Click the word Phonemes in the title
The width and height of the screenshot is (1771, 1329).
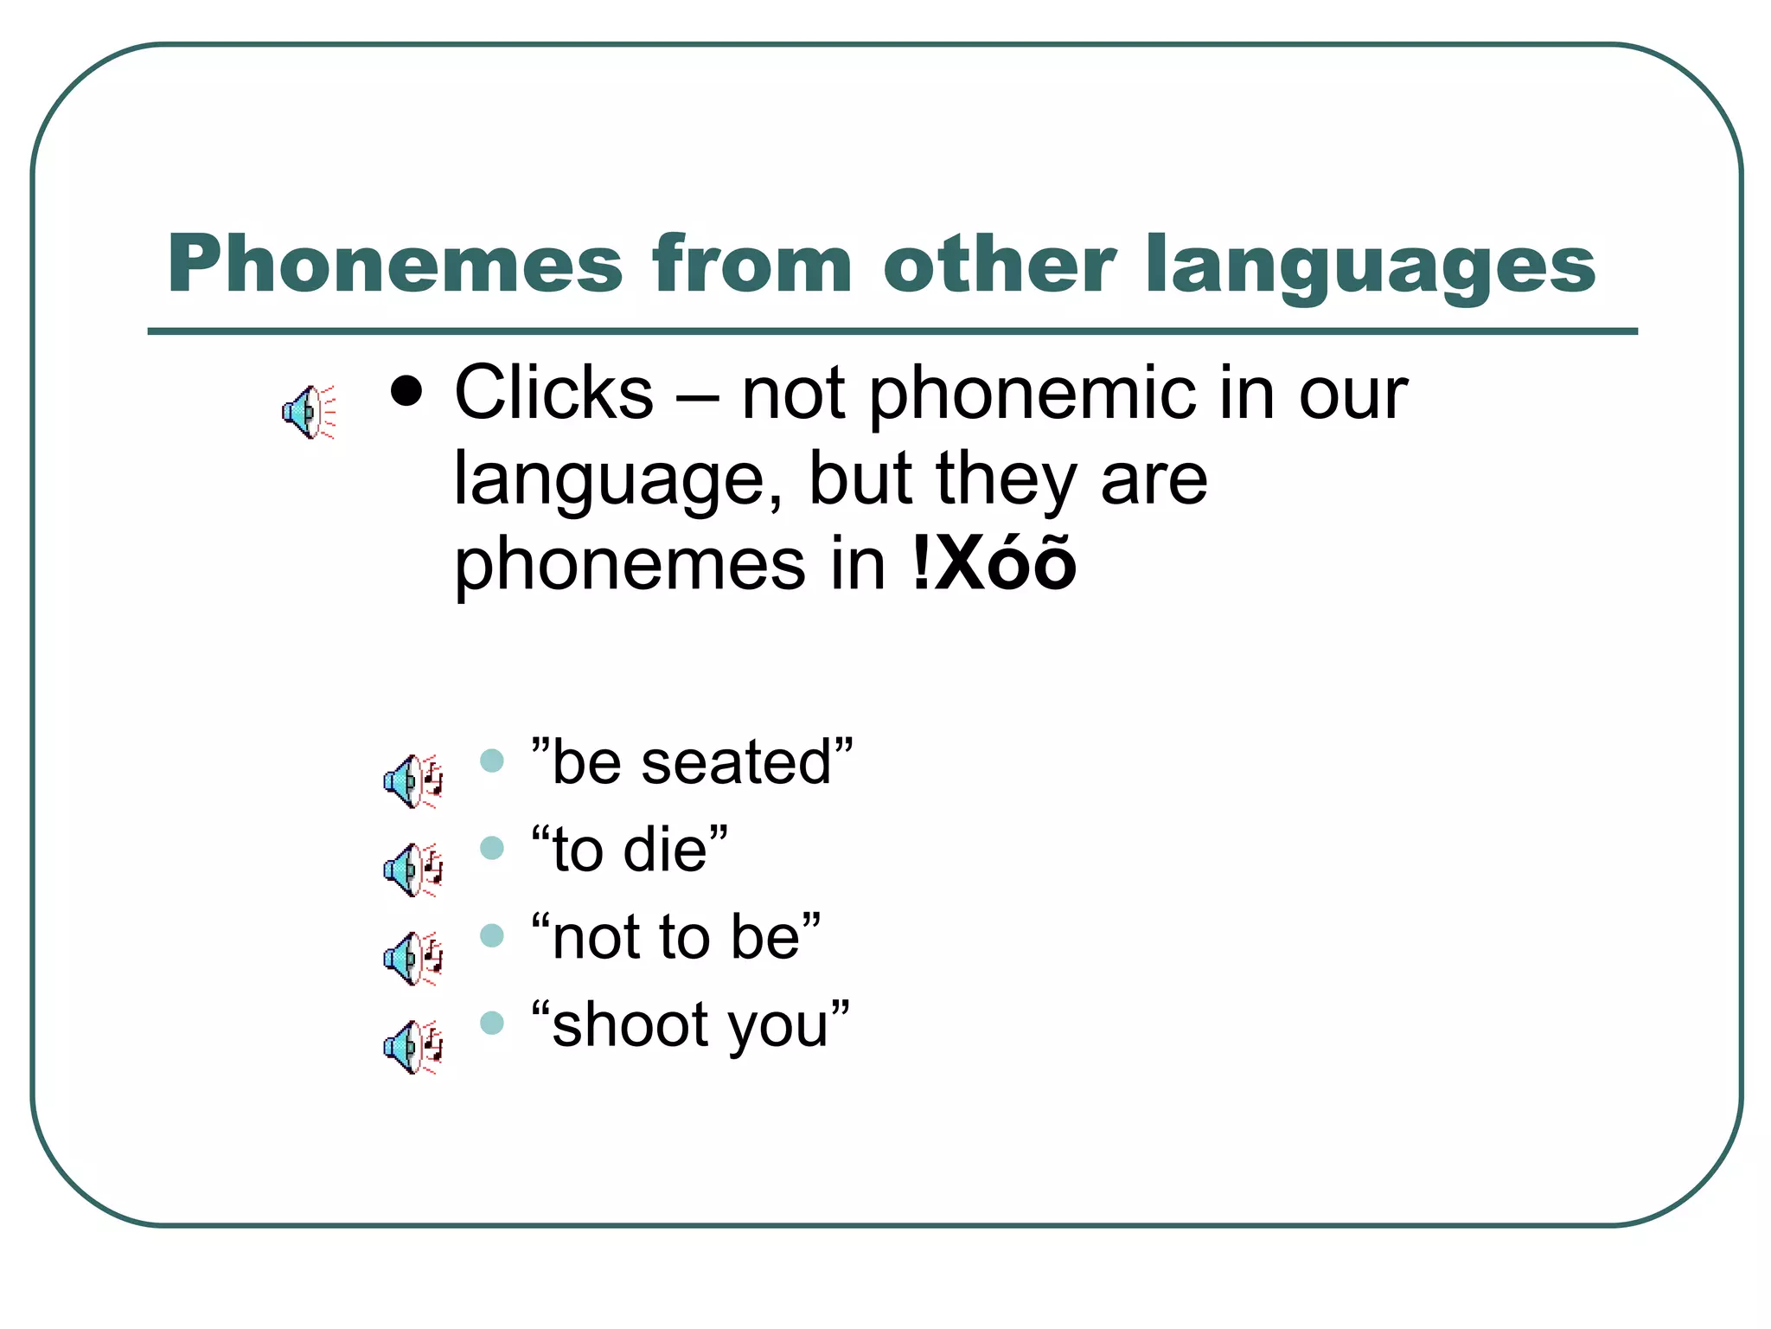tap(394, 264)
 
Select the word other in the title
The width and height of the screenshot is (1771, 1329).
tap(1000, 264)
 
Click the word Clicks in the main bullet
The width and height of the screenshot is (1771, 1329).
tap(553, 394)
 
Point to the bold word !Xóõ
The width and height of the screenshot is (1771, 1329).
tap(994, 564)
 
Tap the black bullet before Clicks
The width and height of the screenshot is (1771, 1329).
tap(406, 392)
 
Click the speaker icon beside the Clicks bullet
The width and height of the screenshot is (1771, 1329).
tap(308, 412)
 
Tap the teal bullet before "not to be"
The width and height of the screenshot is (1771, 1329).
tap(492, 935)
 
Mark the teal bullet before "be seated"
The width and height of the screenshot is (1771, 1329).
tap(492, 761)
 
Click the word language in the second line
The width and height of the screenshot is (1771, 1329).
tap(617, 481)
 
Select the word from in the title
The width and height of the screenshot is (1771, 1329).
tap(752, 264)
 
